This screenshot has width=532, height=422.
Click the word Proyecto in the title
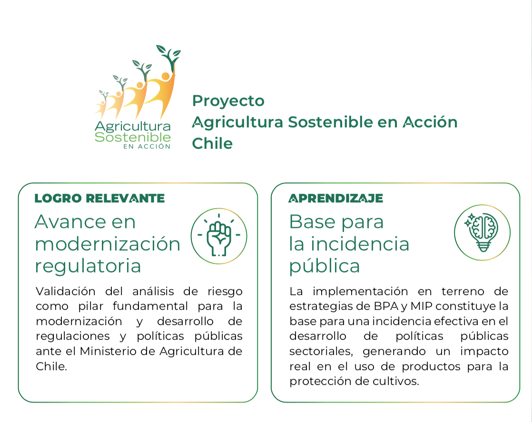click(228, 101)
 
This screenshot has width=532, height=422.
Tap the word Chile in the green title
click(212, 144)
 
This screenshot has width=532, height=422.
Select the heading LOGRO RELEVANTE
click(100, 198)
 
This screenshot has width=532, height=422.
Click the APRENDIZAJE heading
click(335, 198)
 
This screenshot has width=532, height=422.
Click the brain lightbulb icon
click(483, 232)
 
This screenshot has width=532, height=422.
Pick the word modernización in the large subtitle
click(108, 244)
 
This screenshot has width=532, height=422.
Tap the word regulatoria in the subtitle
click(88, 266)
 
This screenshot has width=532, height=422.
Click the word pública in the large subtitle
click(325, 266)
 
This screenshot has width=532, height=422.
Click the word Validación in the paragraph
click(66, 291)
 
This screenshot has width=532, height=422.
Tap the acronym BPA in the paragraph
click(386, 306)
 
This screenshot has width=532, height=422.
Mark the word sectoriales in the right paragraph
click(321, 352)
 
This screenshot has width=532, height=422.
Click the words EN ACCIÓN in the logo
click(147, 146)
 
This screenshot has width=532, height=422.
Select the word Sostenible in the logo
click(133, 137)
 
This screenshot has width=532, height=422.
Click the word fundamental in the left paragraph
click(150, 306)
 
